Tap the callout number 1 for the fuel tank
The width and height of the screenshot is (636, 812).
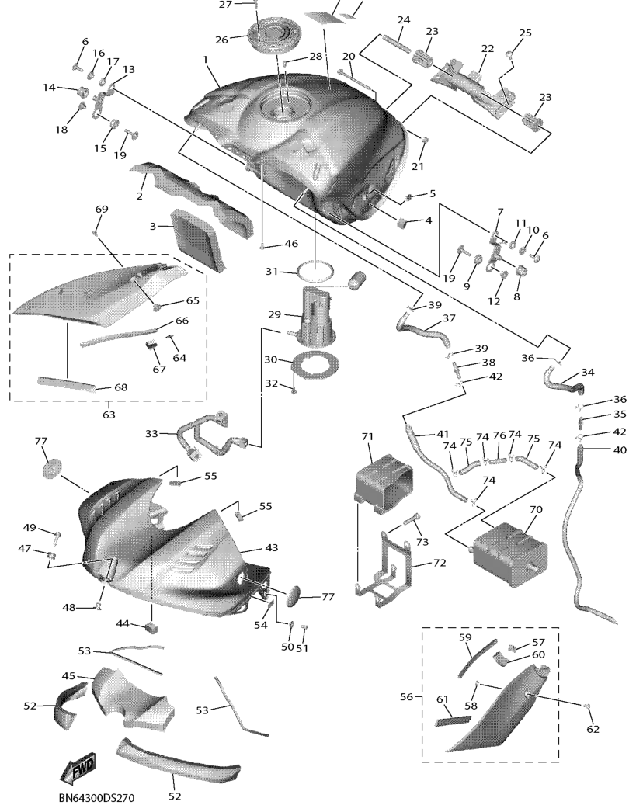(x=206, y=60)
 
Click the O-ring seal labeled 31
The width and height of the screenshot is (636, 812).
(x=316, y=272)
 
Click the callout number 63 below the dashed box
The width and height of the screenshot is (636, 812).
(x=108, y=415)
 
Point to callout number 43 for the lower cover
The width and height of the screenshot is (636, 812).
(x=271, y=548)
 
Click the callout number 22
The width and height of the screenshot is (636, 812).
(x=487, y=48)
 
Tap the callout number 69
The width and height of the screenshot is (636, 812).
(x=102, y=210)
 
